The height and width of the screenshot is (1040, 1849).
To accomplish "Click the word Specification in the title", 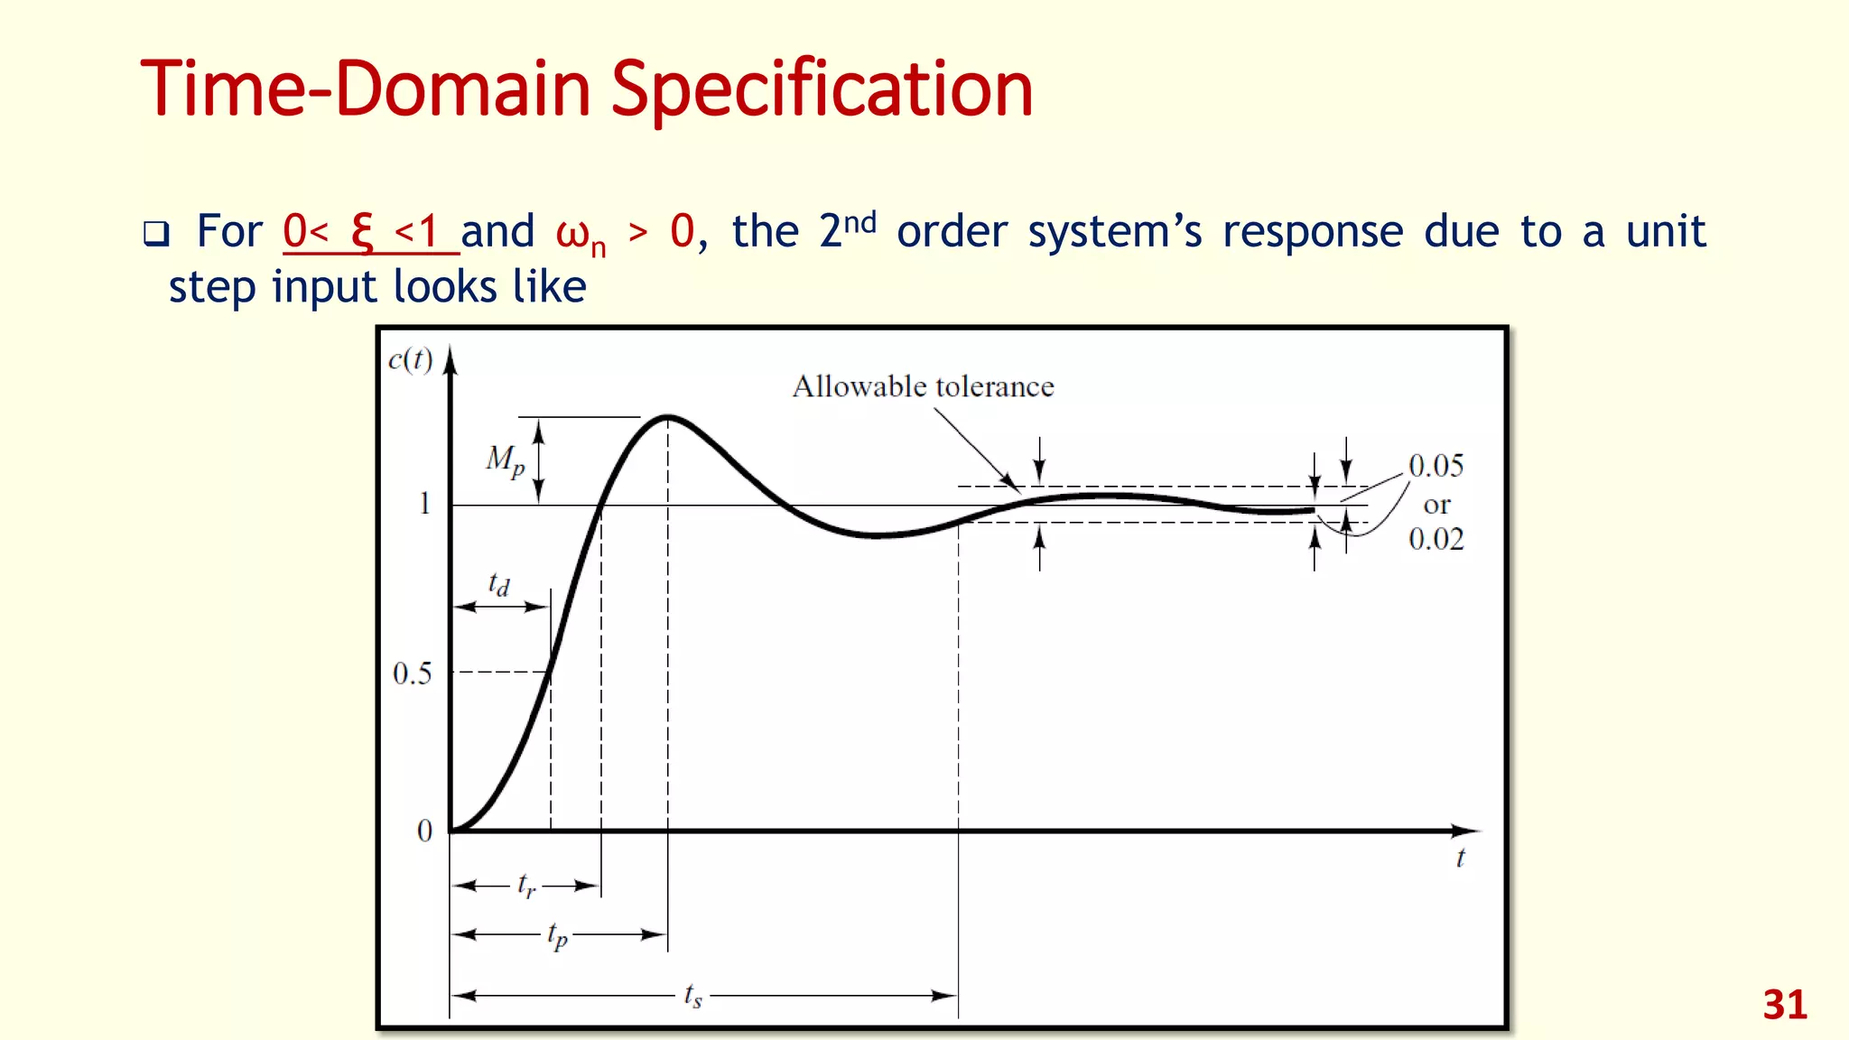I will point(822,90).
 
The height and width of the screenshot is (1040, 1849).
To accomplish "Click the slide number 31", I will point(1785,1005).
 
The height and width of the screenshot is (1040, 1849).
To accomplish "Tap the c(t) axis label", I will point(410,360).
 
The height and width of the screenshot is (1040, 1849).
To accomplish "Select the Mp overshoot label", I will point(505,460).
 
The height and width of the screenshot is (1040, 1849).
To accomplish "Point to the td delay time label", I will point(498,584).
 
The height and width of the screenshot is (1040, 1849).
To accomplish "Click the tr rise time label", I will point(526,886).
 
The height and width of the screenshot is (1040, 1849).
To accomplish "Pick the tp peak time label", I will point(558,936).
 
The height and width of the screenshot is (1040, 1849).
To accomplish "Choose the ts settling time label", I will point(692,995).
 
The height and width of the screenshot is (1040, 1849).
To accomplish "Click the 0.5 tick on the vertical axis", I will point(412,673).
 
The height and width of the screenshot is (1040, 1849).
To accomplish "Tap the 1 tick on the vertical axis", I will point(424,504).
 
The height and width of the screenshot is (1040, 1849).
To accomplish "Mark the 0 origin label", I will point(424,831).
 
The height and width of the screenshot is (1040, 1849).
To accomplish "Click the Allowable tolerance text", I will point(923,386).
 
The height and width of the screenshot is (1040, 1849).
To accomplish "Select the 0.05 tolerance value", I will point(1436,466).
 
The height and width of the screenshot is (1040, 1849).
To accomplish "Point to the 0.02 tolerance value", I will point(1436,539).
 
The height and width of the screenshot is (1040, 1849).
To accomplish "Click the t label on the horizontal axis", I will point(1460,859).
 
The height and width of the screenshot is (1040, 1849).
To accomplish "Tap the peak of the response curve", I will point(668,417).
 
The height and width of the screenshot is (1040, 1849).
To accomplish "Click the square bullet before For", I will point(156,234).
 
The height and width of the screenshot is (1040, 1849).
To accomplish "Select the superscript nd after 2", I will point(859,221).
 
